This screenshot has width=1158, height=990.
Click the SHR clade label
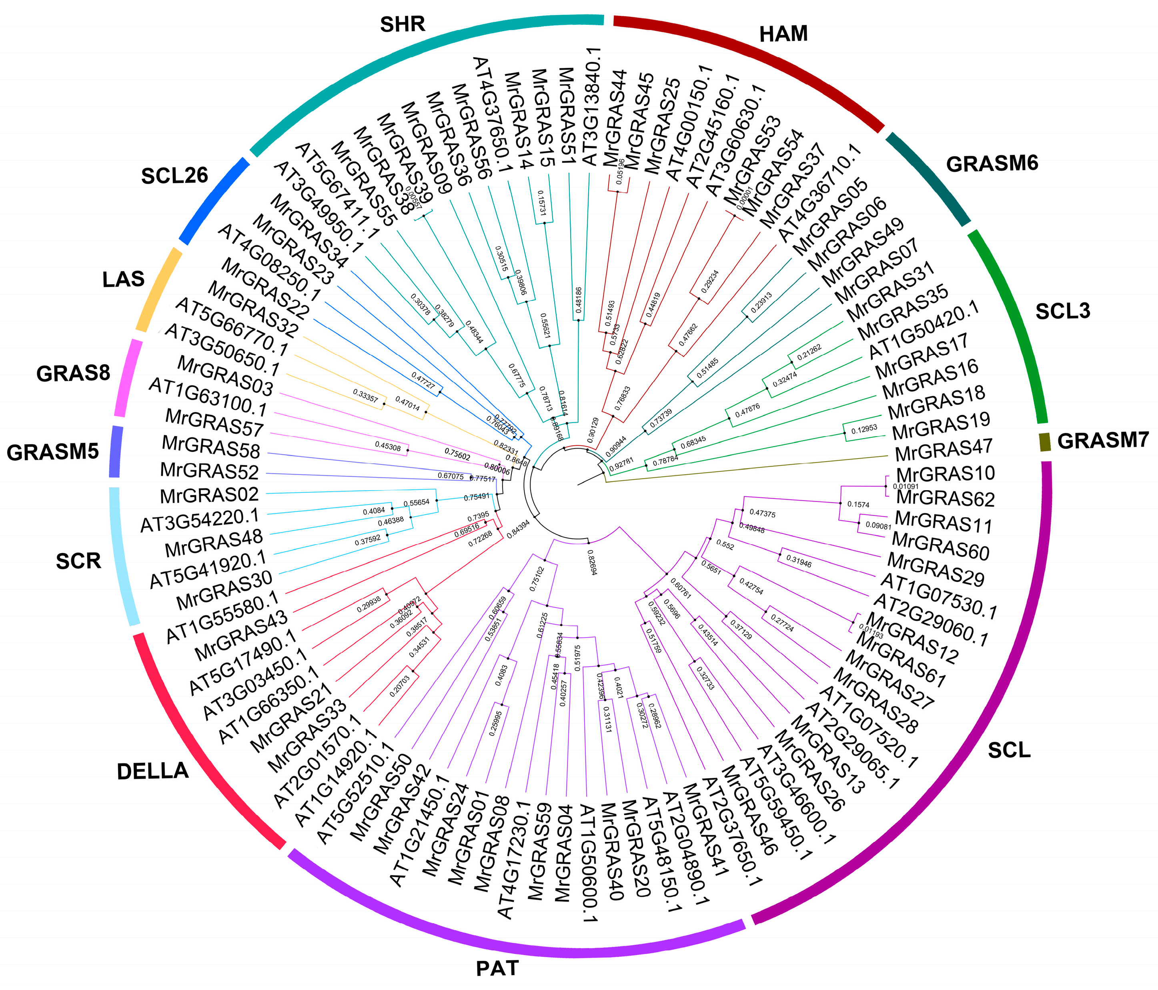pos(403,24)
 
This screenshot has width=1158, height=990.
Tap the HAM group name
pos(783,34)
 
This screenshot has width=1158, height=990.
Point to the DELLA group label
pos(152,772)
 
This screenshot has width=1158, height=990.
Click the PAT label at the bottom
pos(497,968)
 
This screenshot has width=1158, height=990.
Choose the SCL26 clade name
pos(174,176)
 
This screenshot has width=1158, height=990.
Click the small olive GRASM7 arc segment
pos(1044,442)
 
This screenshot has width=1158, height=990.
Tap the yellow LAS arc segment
pos(159,291)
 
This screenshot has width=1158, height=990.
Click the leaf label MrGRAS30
pos(224,590)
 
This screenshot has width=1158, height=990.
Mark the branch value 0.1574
pos(858,505)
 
